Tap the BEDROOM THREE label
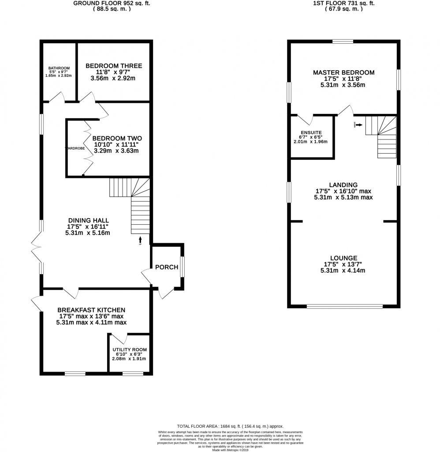(x=114, y=66)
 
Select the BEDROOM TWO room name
(x=117, y=138)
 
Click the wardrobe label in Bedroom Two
(x=75, y=148)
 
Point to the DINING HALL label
(x=88, y=220)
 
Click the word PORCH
(x=167, y=267)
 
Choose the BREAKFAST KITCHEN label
(x=91, y=310)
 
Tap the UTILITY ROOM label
(x=129, y=350)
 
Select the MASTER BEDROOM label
(x=343, y=72)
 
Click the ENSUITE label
(x=311, y=132)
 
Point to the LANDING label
(x=343, y=185)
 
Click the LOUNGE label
(x=343, y=258)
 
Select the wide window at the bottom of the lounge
(x=344, y=306)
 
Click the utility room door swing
(x=123, y=339)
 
